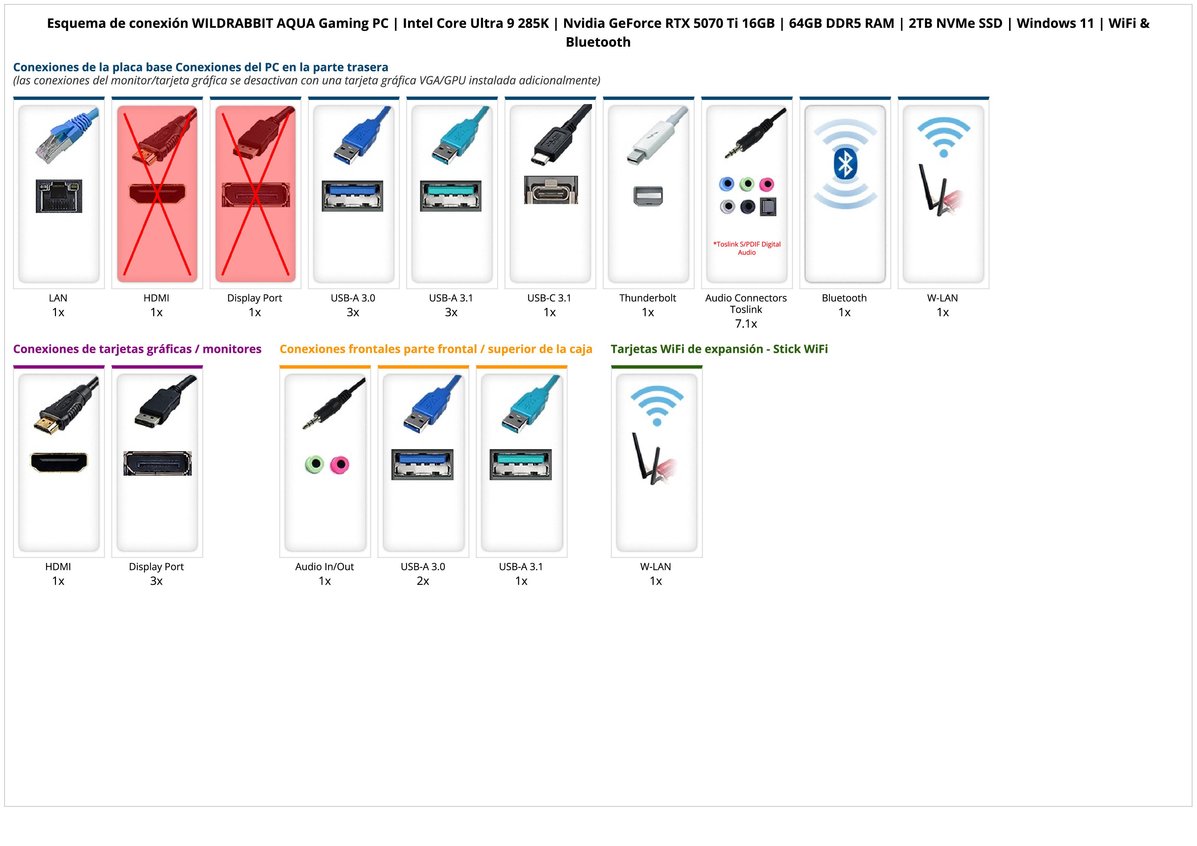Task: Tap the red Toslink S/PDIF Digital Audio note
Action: (747, 248)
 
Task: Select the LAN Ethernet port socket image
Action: (59, 196)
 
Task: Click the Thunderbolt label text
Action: (648, 298)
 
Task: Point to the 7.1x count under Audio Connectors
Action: (746, 324)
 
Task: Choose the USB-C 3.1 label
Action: (549, 298)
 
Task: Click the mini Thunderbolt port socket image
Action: (648, 196)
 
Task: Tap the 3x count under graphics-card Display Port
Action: (156, 581)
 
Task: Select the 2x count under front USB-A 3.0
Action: (423, 581)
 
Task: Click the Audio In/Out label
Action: (324, 567)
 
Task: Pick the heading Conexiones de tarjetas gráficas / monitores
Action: (137, 349)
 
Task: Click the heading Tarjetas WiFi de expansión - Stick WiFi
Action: (719, 349)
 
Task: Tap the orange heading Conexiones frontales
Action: (436, 349)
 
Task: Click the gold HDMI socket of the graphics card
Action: (59, 462)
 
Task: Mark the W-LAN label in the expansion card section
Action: (655, 567)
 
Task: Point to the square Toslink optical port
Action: (768, 207)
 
